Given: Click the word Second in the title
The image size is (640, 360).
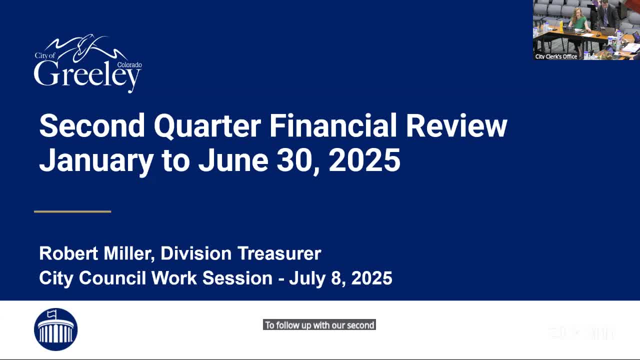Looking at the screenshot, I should [91, 126].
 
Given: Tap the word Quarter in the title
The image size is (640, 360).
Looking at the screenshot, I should [207, 126].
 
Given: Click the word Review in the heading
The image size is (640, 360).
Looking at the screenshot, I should [456, 126].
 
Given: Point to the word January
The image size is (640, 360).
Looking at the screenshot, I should [96, 161].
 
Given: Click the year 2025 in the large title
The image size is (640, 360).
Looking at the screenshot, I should [364, 161].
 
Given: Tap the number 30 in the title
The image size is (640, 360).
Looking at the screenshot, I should [297, 161].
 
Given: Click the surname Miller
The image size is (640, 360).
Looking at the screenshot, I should [128, 253].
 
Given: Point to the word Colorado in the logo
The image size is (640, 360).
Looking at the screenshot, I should [129, 65].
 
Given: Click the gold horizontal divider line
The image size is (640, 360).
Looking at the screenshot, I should [72, 211].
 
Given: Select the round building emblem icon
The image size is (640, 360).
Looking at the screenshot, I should [55, 329].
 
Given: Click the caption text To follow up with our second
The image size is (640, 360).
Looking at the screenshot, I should [319, 325].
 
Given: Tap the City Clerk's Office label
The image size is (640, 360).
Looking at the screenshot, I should [556, 56].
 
